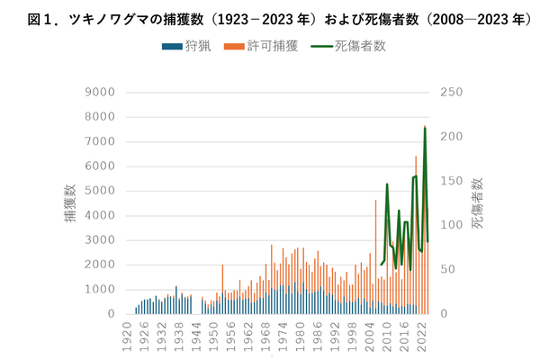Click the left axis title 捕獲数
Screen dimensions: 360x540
click(x=70, y=203)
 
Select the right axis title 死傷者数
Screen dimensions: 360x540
click(x=478, y=203)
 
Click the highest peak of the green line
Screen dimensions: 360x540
click(x=425, y=128)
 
